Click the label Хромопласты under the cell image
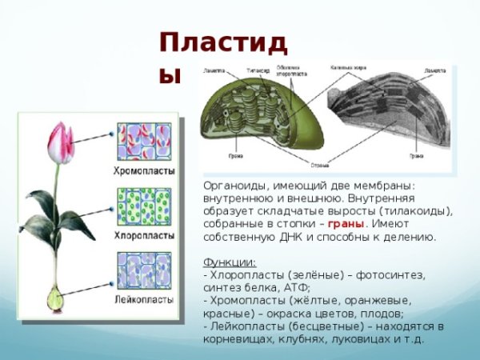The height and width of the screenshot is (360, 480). coord(145,172)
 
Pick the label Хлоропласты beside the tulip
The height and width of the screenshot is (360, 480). coord(145,237)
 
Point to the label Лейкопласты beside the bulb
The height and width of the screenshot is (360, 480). coord(145,300)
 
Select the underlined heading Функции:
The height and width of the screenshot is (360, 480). coord(230,262)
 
